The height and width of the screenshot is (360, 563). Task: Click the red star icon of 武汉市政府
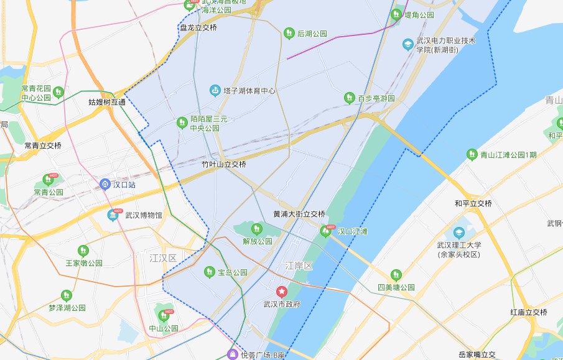pyautogui.click(x=281, y=291)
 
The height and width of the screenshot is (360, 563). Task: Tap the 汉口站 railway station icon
pyautogui.click(x=105, y=184)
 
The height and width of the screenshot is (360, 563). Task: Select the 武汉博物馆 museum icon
pyautogui.click(x=113, y=215)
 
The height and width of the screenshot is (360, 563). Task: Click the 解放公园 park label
pyautogui.click(x=258, y=241)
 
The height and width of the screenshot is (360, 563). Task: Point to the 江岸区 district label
pyautogui.click(x=299, y=265)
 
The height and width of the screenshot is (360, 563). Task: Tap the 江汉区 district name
pyautogui.click(x=163, y=257)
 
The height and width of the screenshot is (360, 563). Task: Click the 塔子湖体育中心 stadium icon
pyautogui.click(x=215, y=91)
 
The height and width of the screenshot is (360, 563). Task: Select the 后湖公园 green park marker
pyautogui.click(x=288, y=33)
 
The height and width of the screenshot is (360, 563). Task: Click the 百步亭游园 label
pyautogui.click(x=376, y=98)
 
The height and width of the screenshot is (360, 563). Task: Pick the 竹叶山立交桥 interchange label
pyautogui.click(x=224, y=165)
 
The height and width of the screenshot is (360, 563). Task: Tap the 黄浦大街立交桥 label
pyautogui.click(x=299, y=214)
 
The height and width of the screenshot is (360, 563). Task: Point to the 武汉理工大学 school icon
pyautogui.click(x=459, y=233)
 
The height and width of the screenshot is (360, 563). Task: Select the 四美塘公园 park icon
pyautogui.click(x=396, y=275)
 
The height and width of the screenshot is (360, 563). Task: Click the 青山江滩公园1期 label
pyautogui.click(x=508, y=155)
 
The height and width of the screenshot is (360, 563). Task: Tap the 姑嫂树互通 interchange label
pyautogui.click(x=107, y=102)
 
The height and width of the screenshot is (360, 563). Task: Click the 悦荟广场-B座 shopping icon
pyautogui.click(x=232, y=354)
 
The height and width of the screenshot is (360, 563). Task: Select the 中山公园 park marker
pyautogui.click(x=164, y=316)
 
